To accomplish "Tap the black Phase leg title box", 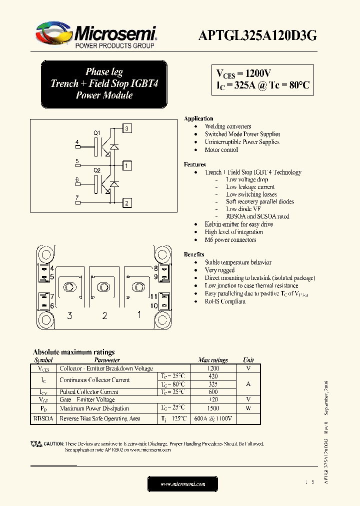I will [104, 83].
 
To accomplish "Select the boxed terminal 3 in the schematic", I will [127, 128].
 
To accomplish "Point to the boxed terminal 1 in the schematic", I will [127, 165].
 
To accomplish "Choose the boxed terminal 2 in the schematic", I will [127, 202].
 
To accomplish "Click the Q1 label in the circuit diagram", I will [97, 132].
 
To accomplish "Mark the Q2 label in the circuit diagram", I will [97, 170].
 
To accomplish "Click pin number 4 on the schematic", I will [77, 142].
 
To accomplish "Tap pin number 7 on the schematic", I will [77, 198].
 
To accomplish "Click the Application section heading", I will [198, 118].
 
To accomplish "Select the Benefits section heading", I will [194, 254].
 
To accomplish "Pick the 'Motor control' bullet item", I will [221, 149].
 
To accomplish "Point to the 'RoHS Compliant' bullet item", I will [225, 301].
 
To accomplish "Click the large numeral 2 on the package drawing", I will [104, 315].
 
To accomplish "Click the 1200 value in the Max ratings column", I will [212, 368].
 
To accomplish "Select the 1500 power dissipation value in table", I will [212, 408].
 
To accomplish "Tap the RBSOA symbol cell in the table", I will [43, 418].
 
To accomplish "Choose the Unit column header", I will [248, 360].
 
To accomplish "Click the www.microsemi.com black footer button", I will [182, 484].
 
